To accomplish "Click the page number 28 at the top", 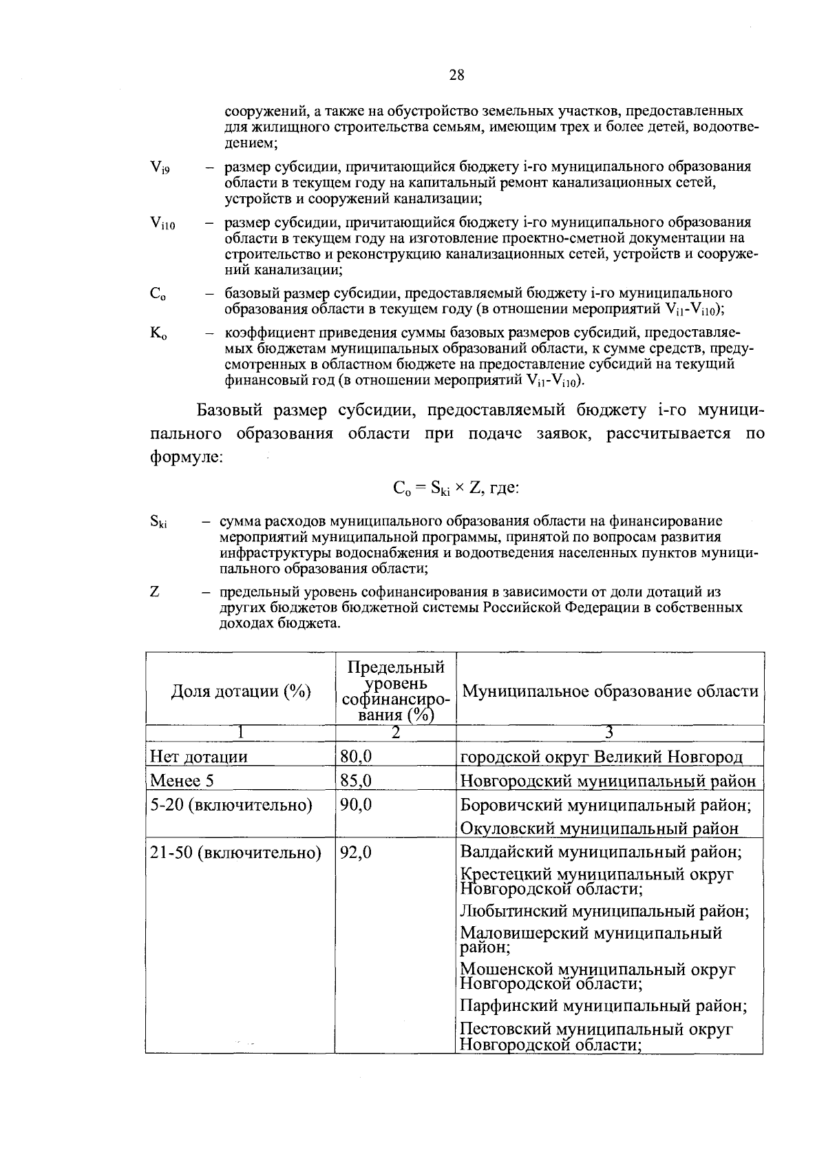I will tap(457, 76).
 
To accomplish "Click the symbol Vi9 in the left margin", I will tap(160, 167).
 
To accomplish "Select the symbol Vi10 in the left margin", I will tap(162, 223).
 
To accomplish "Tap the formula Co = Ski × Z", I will tap(455, 488).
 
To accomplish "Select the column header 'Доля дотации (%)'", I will tap(240, 691).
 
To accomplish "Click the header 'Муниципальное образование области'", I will tap(610, 691).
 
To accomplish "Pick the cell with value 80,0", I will tap(356, 757).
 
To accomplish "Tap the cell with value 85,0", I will tap(356, 781).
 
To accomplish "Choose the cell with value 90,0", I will tap(356, 805).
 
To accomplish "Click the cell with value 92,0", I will tap(356, 853).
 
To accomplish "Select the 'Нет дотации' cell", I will tap(199, 757).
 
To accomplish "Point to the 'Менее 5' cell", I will tap(177, 781).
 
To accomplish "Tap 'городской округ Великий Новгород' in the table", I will tap(601, 757).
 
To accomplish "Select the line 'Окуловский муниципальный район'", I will tap(599, 828).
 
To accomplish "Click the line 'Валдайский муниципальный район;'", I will tap(600, 853).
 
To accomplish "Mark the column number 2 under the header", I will tap(395, 733).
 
